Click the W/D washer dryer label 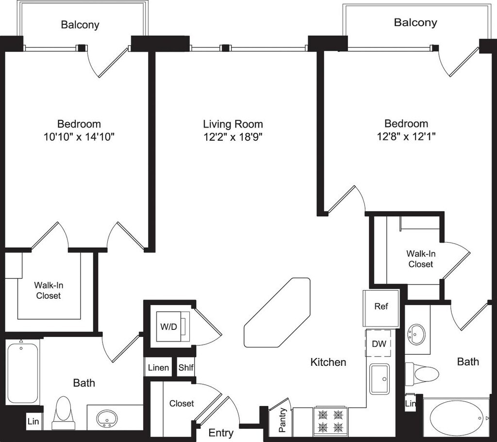click(168, 327)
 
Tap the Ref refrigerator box click(381, 307)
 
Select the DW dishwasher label click(379, 344)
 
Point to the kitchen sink click(380, 379)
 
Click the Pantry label click(283, 420)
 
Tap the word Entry click(221, 432)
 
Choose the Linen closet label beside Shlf click(158, 367)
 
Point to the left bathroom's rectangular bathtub click(22, 373)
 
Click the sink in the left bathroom click(107, 417)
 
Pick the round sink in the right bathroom click(417, 334)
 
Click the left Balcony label click(80, 25)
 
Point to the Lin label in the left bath click(33, 421)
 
